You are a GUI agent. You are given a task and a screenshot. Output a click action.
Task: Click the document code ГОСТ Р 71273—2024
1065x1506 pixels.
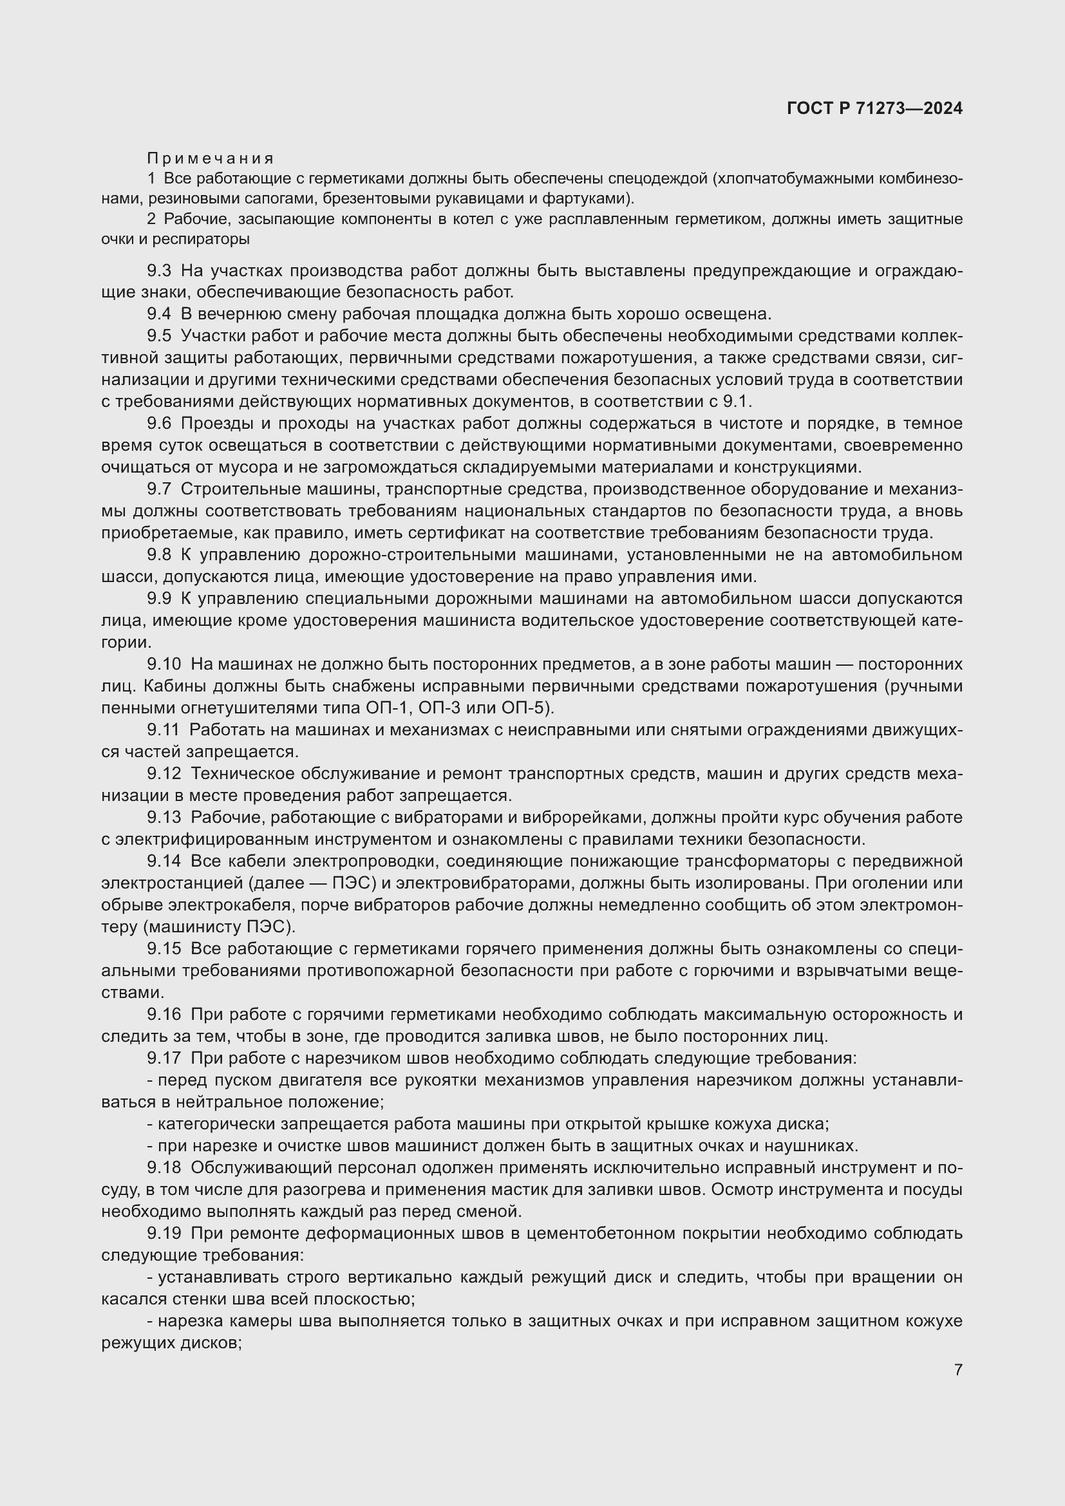874,109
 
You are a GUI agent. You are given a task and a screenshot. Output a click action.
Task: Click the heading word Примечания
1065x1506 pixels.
210,158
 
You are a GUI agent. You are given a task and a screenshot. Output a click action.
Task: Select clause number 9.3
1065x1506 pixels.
159,270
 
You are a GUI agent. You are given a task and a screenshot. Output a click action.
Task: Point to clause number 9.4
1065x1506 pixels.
159,314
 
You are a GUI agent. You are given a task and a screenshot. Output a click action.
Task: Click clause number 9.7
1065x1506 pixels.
159,489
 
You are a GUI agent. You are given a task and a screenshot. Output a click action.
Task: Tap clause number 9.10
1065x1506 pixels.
164,664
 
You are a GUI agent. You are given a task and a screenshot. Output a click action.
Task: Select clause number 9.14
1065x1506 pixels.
164,861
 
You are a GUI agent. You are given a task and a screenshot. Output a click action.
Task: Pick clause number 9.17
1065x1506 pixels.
164,1057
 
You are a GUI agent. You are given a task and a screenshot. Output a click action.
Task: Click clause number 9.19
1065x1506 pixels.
164,1233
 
